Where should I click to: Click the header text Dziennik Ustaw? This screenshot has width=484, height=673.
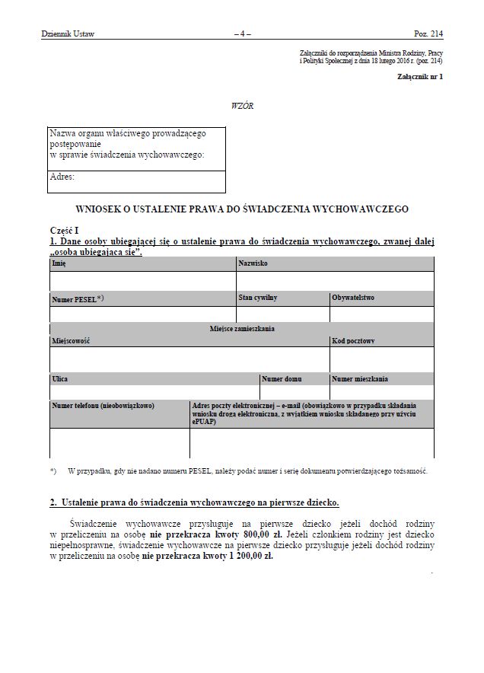point(68,34)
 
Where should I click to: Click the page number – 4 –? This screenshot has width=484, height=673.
point(242,34)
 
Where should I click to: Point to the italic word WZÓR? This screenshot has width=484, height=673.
point(241,106)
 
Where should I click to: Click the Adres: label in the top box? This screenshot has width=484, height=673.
point(62,177)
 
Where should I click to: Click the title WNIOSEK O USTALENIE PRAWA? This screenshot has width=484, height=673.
point(242,208)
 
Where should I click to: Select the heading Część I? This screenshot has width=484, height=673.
point(65,230)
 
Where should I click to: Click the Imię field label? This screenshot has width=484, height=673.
point(59,263)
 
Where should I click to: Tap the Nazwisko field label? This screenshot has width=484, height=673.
point(253,263)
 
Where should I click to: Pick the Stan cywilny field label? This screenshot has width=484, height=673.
point(257,298)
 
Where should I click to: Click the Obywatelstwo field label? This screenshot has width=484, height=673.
point(352,298)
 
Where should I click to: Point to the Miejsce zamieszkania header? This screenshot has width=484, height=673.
point(242,329)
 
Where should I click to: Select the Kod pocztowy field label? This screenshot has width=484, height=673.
point(352,340)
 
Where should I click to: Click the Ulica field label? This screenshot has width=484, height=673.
point(60,378)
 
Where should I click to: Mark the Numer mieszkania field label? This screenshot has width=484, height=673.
point(360,378)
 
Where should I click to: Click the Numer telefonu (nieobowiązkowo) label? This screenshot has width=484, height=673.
point(103,406)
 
